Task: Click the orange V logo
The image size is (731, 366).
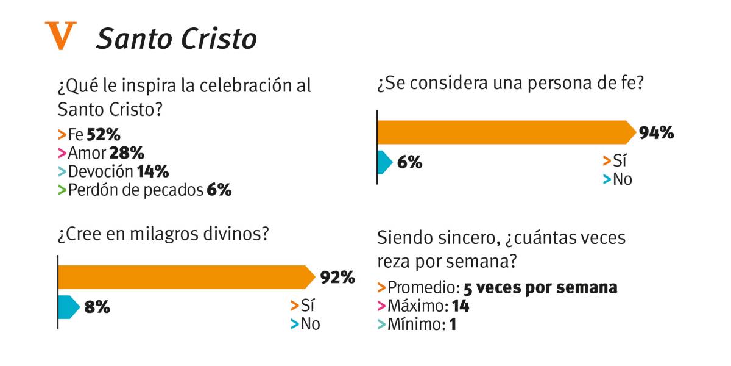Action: click(x=61, y=36)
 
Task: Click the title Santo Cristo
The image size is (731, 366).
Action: click(x=176, y=39)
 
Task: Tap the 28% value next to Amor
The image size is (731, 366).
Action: click(x=127, y=153)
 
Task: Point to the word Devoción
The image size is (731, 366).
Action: click(x=101, y=171)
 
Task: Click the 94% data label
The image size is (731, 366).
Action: click(x=656, y=132)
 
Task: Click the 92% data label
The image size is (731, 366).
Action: click(x=337, y=278)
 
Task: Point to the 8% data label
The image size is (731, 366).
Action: click(x=97, y=307)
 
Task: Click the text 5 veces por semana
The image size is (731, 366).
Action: click(x=540, y=287)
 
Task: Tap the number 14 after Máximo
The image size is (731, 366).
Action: click(x=461, y=306)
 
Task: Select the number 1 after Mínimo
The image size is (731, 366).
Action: click(x=453, y=325)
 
